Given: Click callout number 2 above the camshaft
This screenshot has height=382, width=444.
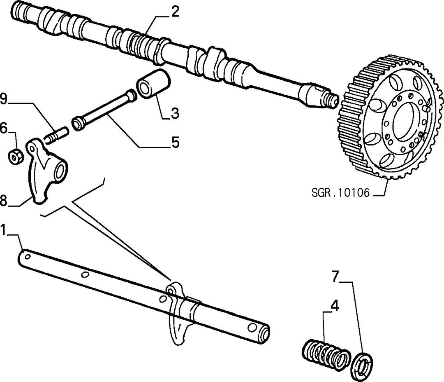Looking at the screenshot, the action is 175,12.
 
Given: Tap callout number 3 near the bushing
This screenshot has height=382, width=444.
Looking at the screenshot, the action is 175,113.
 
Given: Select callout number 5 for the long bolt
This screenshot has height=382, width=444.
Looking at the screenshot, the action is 175,142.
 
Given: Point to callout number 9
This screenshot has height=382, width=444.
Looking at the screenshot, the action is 4,99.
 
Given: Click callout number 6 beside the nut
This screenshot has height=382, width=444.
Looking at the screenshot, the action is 4,128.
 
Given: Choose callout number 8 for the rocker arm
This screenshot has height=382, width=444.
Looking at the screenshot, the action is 3,200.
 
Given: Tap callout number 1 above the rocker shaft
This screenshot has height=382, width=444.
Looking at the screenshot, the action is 3,230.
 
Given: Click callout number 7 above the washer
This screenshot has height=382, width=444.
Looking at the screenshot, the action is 335,277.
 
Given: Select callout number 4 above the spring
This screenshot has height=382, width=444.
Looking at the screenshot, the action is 334,306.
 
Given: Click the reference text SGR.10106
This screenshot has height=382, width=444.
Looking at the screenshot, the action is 341,193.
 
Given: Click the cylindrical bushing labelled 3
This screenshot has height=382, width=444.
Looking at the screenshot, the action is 153,83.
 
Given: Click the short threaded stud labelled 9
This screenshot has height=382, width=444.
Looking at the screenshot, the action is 56,136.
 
